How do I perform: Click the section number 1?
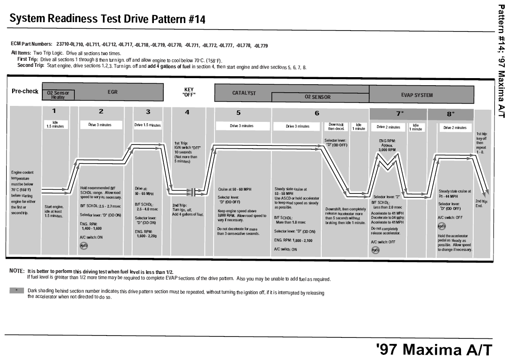54,112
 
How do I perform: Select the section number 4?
187,112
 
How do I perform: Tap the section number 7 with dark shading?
398,113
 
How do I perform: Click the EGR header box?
112,93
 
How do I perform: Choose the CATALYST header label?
244,93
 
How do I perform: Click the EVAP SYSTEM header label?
417,95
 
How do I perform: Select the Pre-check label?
25,91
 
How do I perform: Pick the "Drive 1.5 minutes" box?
148,126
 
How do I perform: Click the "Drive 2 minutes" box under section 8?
454,128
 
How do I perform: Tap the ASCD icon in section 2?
83,246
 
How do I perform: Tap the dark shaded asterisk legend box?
16,291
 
